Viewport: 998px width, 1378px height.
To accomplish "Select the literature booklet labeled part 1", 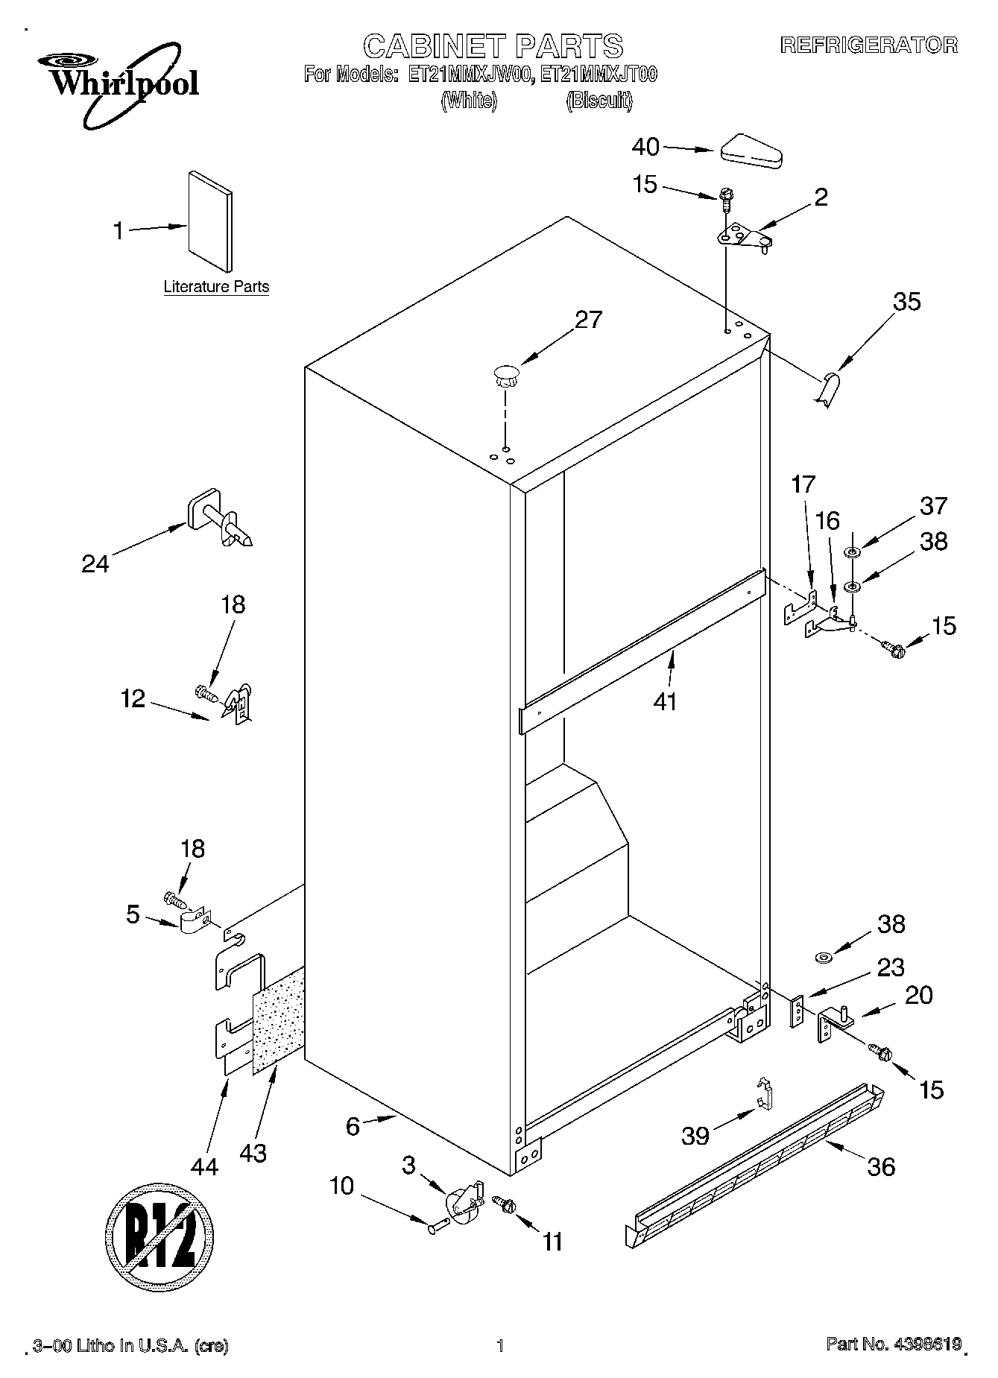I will click(210, 222).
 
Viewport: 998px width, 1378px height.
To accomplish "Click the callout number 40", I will click(645, 148).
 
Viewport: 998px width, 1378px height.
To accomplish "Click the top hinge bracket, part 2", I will click(743, 238).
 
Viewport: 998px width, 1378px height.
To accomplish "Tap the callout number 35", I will click(906, 302).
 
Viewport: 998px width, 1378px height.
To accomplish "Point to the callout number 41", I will click(665, 701).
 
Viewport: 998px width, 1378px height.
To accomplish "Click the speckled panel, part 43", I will click(279, 1021).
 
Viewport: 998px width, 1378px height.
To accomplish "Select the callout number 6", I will click(353, 1125).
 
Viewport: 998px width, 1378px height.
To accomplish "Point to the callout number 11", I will click(552, 1242).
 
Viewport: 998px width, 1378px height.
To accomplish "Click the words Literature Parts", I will click(216, 287).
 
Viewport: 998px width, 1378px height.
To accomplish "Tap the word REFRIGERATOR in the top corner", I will click(868, 45).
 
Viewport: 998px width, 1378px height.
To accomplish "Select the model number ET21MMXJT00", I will click(599, 75).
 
